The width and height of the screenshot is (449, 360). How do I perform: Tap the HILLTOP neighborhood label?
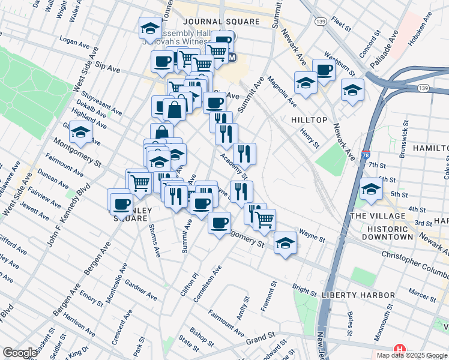(x=309, y=120)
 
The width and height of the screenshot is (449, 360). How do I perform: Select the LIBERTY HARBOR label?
(x=358, y=295)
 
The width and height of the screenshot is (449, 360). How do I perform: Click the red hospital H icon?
(x=399, y=349)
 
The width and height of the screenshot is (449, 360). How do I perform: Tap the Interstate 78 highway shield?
(x=366, y=155)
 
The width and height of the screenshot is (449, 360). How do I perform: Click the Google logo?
(x=20, y=353)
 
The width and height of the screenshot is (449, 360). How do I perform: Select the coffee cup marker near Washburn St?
(x=324, y=70)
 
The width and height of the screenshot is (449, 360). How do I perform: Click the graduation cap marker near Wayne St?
(x=285, y=242)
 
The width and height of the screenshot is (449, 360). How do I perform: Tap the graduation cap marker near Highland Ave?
(x=80, y=132)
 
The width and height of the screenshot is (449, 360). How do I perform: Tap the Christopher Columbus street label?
(x=415, y=261)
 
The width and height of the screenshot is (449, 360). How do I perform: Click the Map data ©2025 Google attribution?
(x=411, y=355)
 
